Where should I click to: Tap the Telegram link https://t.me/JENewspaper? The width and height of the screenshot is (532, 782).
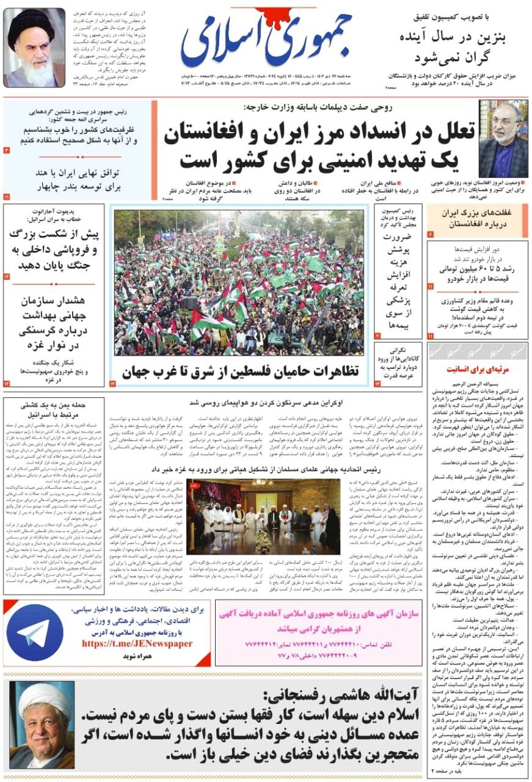click(137, 643)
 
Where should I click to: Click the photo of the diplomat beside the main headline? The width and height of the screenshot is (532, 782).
click(503, 139)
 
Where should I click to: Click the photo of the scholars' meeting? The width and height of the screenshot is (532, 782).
click(264, 516)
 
